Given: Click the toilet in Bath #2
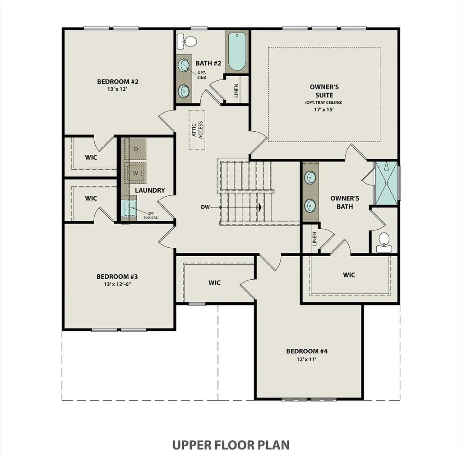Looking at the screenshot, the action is click(x=187, y=41).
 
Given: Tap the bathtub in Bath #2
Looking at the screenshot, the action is click(x=237, y=51).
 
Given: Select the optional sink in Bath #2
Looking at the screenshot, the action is click(x=185, y=65).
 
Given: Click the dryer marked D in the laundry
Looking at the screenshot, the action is click(x=136, y=149).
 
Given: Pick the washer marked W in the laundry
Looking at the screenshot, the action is click(x=135, y=173).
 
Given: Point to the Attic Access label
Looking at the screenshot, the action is click(x=197, y=129).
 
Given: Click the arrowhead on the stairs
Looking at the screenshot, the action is click(x=260, y=207).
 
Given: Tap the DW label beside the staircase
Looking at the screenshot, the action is click(x=205, y=207).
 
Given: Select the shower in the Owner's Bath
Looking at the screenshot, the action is click(x=386, y=183).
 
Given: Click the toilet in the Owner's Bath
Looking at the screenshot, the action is click(x=384, y=242).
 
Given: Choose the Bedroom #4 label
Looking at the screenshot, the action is click(x=307, y=351).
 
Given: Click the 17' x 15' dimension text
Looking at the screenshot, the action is click(x=324, y=109).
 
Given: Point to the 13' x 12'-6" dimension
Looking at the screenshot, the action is click(x=117, y=284).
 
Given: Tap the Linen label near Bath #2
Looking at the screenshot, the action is click(x=236, y=91).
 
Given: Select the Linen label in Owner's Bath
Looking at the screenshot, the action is click(x=314, y=239).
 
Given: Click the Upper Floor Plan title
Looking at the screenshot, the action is click(x=231, y=445).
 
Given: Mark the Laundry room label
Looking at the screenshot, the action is click(x=150, y=190).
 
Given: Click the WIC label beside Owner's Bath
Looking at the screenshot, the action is click(x=349, y=275).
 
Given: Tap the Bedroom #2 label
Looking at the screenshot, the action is click(x=118, y=82).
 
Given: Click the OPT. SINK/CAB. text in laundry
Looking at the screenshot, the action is click(x=151, y=215).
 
